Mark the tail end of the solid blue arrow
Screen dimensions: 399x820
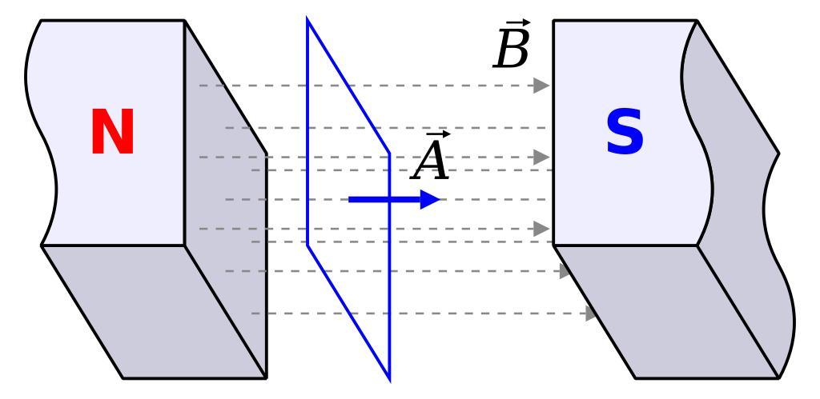pyautogui.click(x=351, y=199)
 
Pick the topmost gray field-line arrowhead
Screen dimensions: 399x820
pyautogui.click(x=542, y=85)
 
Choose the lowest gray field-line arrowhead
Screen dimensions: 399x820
pyautogui.click(x=593, y=313)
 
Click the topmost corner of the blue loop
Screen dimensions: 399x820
pyautogui.click(x=307, y=18)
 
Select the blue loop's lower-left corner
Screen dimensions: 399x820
pyautogui.click(x=307, y=244)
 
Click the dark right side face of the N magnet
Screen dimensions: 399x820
pyautogui.click(x=228, y=200)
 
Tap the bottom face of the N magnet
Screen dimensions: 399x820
pyautogui.click(x=152, y=312)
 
